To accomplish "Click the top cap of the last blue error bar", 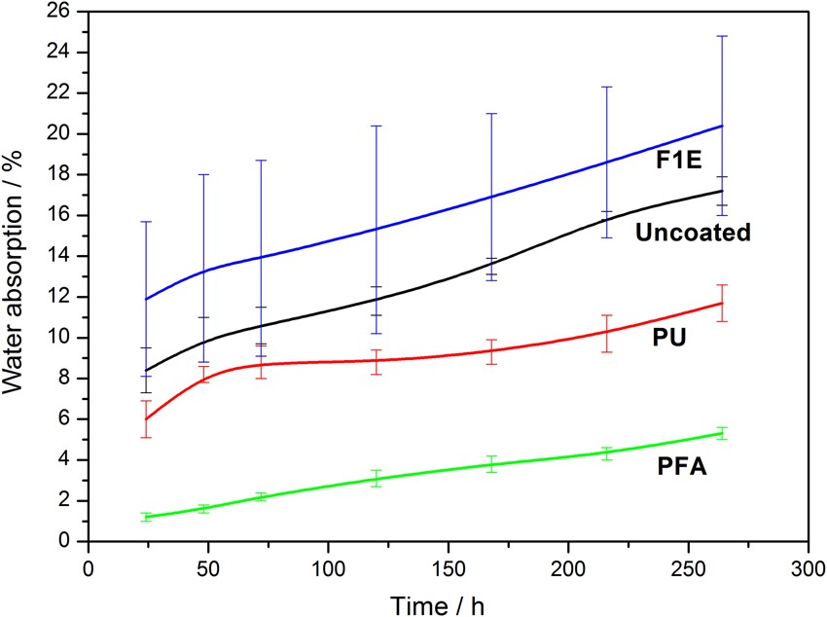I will click(x=722, y=36).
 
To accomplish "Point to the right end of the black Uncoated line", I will click(x=722, y=191).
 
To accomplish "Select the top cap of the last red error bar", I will click(x=722, y=285).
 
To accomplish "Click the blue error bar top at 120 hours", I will click(x=377, y=126).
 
